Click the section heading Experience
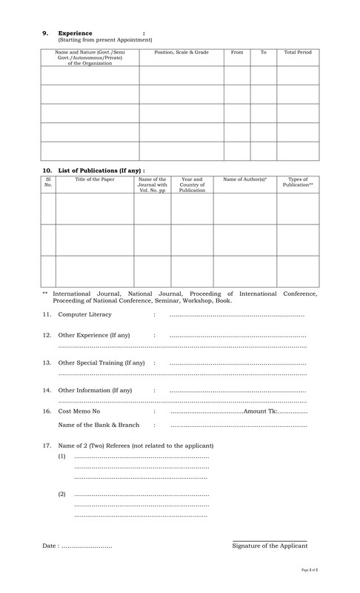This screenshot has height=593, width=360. (75, 33)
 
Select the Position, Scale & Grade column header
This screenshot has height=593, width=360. (181, 53)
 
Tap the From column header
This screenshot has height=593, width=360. (237, 53)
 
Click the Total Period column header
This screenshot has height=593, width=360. (298, 53)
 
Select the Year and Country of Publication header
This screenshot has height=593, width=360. (192, 185)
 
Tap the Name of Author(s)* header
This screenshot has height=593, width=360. (245, 179)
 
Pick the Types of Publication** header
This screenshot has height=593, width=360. (298, 182)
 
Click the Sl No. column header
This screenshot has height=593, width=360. (48, 182)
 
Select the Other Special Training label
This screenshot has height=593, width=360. (101, 363)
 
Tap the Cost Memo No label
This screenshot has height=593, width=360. (79, 411)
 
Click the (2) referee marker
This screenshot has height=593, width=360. (61, 494)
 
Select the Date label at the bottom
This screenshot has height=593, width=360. (50, 546)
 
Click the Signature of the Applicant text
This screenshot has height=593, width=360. (270, 546)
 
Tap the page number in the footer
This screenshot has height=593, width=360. (309, 569)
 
